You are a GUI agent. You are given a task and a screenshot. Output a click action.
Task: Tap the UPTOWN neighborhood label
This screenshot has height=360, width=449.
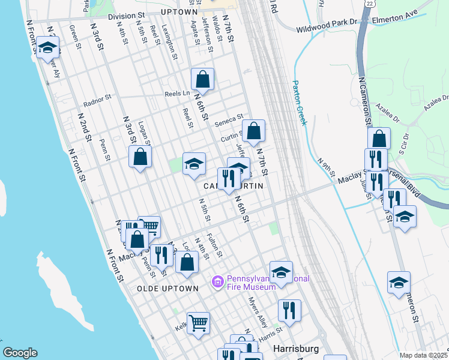click(x=179, y=12)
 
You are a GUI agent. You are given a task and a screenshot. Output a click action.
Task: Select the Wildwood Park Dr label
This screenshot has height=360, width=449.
click(x=327, y=28)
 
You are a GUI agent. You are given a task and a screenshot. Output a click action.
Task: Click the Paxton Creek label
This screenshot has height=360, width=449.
click(x=300, y=103)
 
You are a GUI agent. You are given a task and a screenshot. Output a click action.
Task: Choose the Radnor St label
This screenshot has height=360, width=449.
click(x=98, y=100)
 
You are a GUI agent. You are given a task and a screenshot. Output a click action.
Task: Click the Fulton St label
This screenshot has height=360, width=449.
click(x=214, y=245)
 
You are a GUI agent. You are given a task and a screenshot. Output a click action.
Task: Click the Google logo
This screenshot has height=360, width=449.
click(x=20, y=353)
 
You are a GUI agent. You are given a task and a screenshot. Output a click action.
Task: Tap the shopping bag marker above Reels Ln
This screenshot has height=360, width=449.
click(x=203, y=79)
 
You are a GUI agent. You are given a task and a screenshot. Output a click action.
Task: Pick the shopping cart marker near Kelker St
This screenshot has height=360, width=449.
click(x=198, y=322)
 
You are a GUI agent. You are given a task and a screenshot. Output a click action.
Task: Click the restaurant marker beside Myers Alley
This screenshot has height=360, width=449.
click(x=289, y=310)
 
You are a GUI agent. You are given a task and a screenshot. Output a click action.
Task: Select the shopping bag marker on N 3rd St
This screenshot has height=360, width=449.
click(x=140, y=157)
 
